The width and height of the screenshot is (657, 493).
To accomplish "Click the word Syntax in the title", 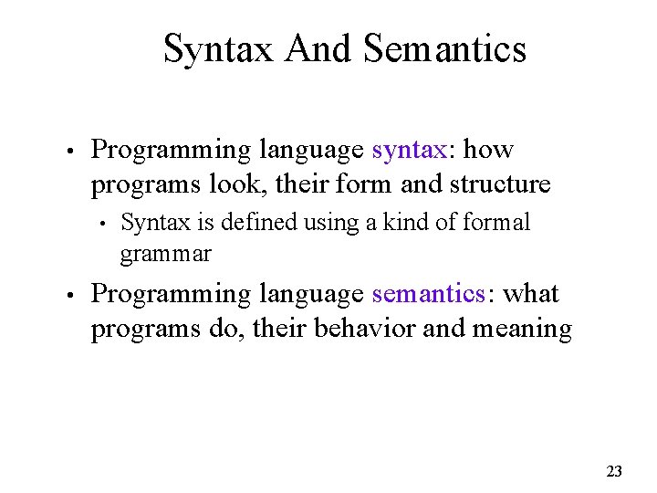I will [x=219, y=48].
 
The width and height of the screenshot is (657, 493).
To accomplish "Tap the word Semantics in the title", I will [x=444, y=48].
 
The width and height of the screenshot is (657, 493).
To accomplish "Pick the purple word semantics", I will [x=428, y=294].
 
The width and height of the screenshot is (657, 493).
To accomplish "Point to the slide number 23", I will [x=614, y=471].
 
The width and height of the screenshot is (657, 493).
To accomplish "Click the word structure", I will [x=500, y=184].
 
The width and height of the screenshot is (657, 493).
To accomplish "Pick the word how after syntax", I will [x=488, y=149].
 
